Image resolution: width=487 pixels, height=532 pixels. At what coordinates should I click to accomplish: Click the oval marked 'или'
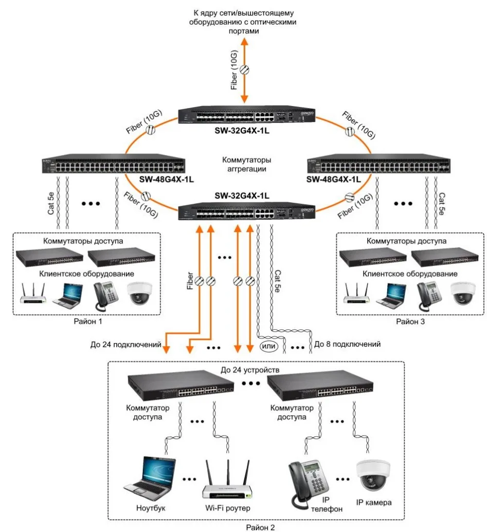[269, 346]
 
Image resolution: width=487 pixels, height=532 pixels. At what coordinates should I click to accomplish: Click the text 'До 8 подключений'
[347, 344]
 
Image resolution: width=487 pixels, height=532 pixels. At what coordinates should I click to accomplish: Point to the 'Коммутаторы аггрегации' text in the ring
[246, 164]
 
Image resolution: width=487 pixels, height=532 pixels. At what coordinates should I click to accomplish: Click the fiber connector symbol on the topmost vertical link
[245, 69]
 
